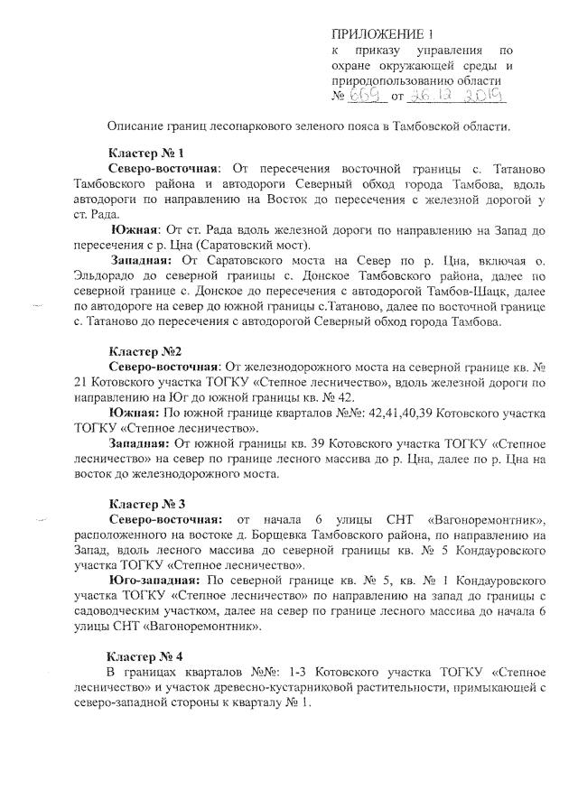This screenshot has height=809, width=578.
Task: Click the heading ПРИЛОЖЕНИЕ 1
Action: (x=385, y=35)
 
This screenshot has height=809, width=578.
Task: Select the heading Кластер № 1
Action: (x=145, y=153)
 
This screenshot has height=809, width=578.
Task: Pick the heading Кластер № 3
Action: (x=145, y=502)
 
